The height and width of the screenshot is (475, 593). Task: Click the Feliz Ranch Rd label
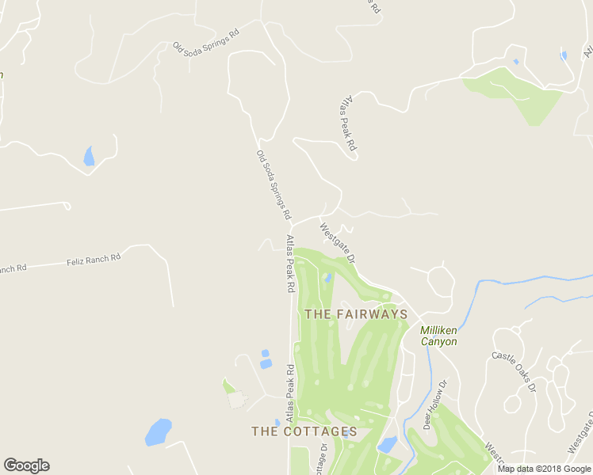[94, 259]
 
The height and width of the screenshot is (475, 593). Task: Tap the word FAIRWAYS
[371, 314]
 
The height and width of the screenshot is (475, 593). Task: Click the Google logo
[26, 465]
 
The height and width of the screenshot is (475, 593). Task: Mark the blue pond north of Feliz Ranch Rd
[89, 156]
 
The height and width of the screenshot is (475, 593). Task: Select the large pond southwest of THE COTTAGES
[159, 432]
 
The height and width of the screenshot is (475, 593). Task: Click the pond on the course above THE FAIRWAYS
[327, 278]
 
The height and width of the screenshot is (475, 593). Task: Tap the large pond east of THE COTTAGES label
[388, 444]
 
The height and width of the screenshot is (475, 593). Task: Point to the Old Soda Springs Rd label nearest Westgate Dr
[274, 184]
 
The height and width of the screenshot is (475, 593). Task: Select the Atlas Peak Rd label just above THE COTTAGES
[290, 392]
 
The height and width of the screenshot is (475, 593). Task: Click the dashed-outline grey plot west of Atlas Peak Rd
[236, 400]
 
